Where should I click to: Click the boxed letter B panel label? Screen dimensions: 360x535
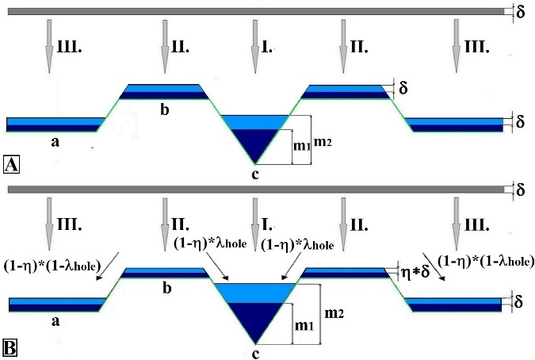(x=12, y=347)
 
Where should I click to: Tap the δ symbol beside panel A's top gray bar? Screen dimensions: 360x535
(x=520, y=12)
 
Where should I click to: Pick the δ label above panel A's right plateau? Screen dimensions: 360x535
(x=403, y=88)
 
